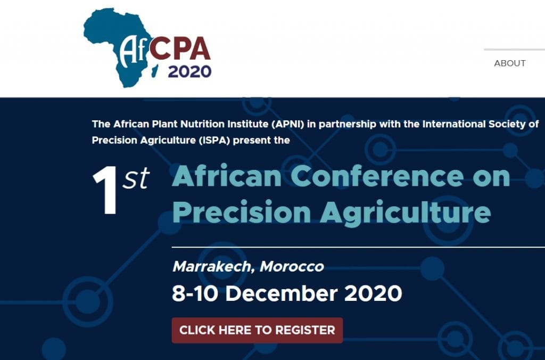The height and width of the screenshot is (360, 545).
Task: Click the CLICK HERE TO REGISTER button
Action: (257, 330)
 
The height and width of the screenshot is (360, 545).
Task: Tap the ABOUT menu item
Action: (509, 63)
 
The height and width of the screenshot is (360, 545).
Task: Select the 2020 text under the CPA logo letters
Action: (189, 72)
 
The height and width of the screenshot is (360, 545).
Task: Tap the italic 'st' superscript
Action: (136, 178)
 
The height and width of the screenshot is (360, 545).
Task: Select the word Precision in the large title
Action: (241, 212)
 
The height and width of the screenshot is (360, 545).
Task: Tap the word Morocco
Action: (292, 267)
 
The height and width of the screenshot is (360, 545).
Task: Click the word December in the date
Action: (282, 293)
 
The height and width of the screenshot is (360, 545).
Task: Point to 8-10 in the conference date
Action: (195, 293)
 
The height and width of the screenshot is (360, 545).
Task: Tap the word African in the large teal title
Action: (227, 176)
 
